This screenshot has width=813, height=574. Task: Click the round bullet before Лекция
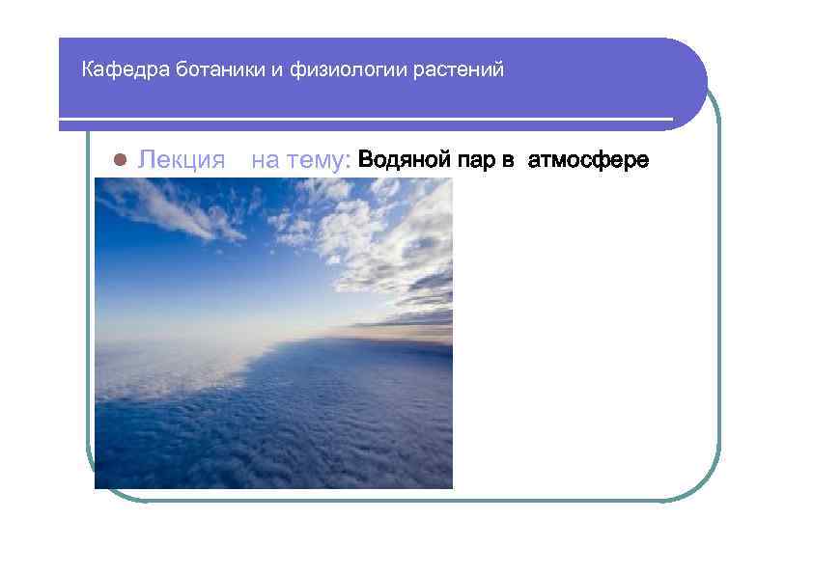pyautogui.click(x=121, y=159)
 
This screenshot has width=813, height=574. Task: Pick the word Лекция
pyautogui.click(x=182, y=159)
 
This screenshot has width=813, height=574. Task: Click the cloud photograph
pyautogui.click(x=273, y=333)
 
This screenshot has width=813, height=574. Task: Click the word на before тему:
pyautogui.click(x=266, y=159)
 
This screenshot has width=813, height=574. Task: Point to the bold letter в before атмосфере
pyautogui.click(x=508, y=159)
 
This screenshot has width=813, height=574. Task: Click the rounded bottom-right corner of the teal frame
pyautogui.click(x=703, y=486)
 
